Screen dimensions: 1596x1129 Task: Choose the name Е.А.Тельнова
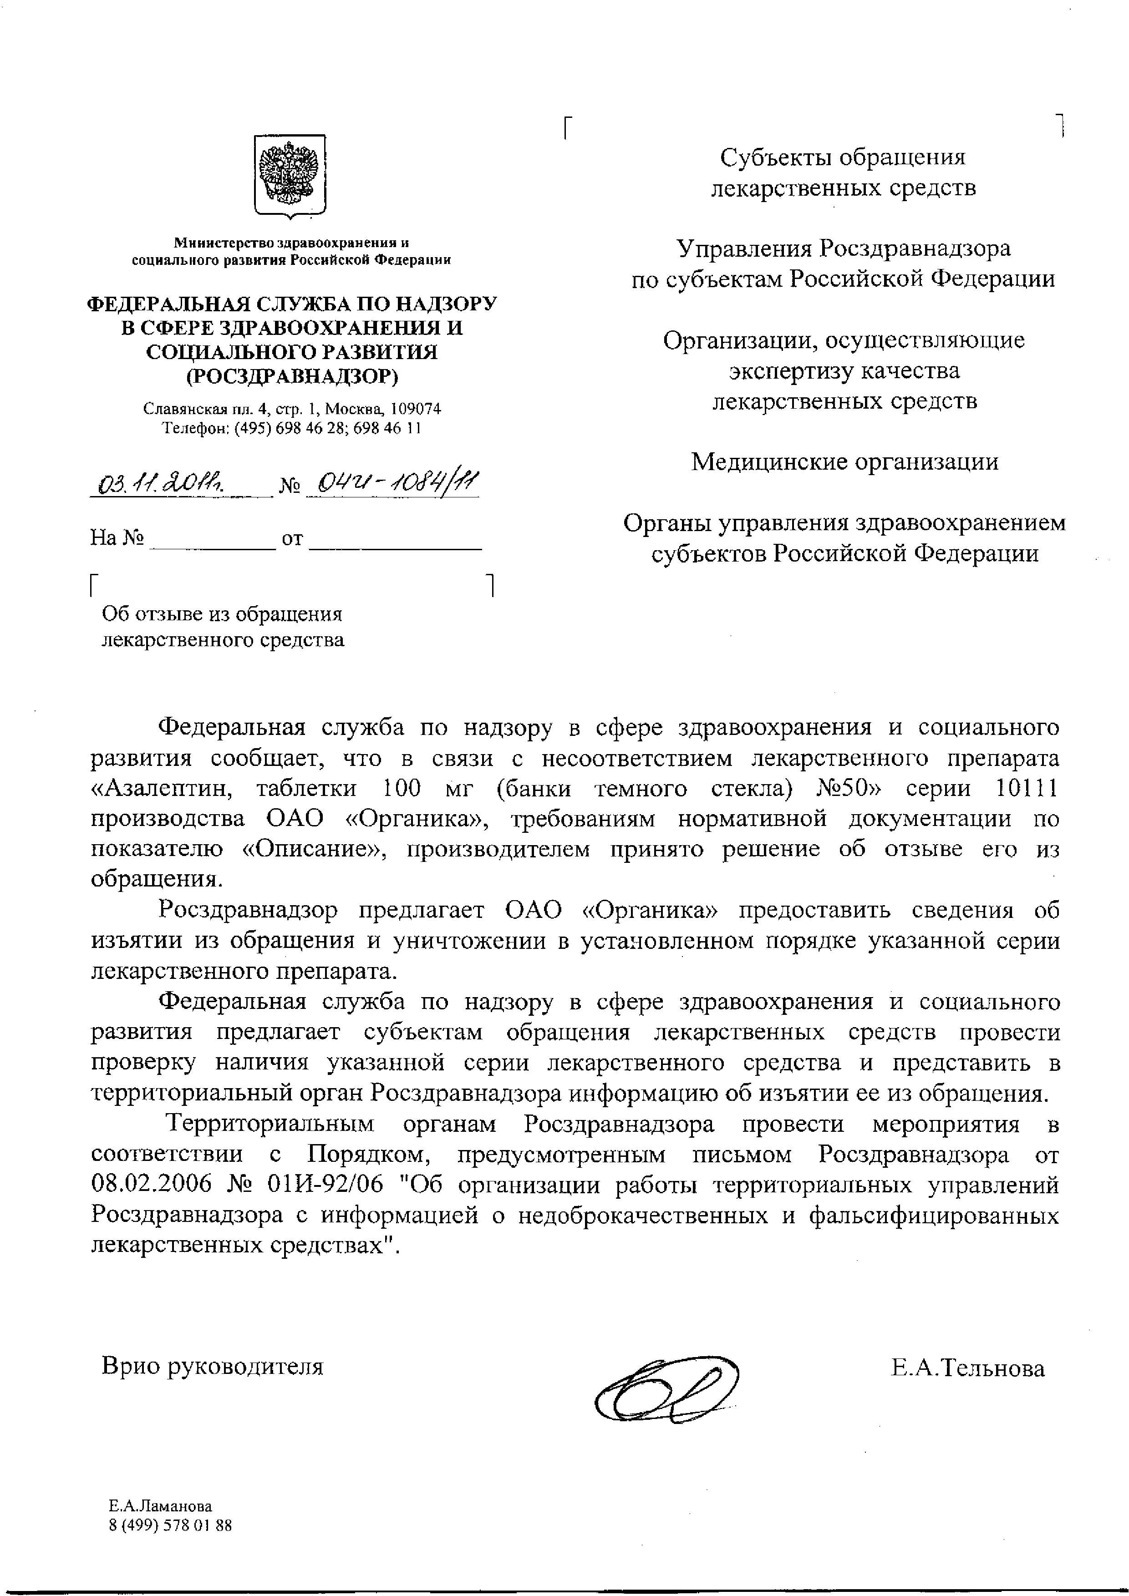(968, 1369)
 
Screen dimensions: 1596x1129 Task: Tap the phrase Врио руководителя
(213, 1367)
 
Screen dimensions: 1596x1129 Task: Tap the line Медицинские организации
(844, 461)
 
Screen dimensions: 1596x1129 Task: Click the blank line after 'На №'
(213, 539)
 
